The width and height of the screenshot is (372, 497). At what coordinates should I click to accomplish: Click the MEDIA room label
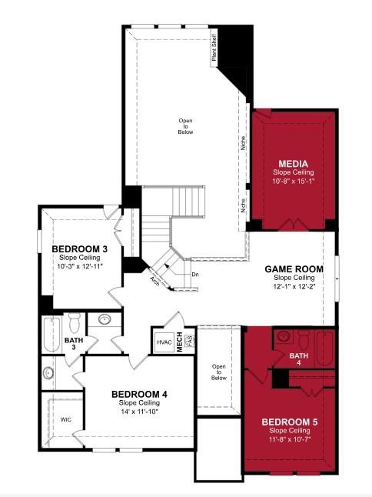tap(294, 164)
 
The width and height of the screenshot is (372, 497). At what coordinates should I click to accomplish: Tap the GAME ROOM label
tap(294, 269)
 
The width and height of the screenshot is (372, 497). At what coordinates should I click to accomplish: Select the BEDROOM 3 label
tap(80, 249)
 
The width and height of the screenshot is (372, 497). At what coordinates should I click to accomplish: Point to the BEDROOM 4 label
tap(139, 395)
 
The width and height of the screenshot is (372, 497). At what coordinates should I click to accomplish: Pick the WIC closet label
tap(66, 420)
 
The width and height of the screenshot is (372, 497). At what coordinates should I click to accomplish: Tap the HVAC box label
tap(164, 342)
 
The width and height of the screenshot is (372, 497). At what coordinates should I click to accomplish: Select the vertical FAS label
tap(188, 342)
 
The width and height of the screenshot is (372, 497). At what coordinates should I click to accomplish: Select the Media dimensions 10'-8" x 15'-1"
tap(294, 182)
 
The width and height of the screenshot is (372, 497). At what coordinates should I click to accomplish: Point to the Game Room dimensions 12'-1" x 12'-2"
tap(294, 286)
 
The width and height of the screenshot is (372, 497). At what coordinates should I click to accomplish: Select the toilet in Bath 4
tap(283, 339)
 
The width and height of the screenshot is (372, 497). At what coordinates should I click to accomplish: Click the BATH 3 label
tap(74, 344)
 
